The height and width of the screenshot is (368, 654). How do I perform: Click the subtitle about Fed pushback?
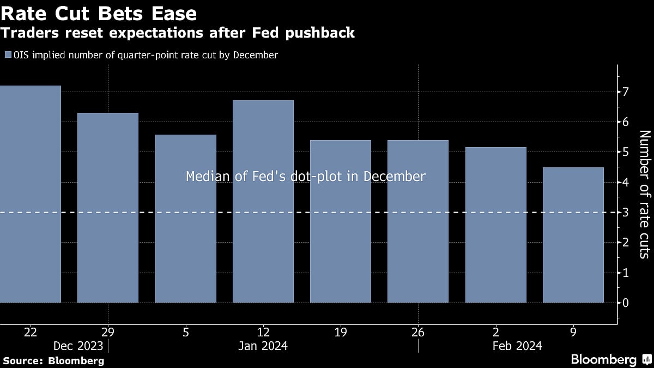pos(178,33)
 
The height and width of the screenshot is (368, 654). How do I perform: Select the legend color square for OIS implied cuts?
pos(7,55)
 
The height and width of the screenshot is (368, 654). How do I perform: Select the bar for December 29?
pos(108,208)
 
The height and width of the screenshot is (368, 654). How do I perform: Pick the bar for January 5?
pos(186,219)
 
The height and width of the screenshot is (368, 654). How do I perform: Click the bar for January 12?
pos(263,201)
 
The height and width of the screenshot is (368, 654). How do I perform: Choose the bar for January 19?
pos(341,221)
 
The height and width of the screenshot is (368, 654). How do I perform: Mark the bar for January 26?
pos(418,221)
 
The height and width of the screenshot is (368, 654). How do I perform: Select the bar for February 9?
pos(573,235)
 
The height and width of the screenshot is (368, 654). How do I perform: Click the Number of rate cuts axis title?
pos(644,194)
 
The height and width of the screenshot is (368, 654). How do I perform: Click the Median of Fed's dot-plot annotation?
pos(305,177)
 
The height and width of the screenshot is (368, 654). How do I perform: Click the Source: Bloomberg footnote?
pos(53,360)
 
